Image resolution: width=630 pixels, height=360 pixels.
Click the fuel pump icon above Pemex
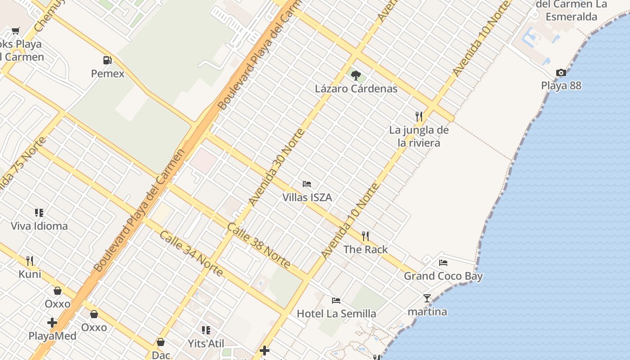click(x=107, y=60)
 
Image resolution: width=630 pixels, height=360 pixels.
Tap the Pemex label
click(x=108, y=73)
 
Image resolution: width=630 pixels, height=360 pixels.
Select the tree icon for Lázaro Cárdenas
click(x=356, y=75)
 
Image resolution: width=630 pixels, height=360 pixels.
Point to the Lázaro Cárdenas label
click(x=356, y=88)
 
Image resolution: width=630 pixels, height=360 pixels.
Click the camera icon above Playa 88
click(x=561, y=72)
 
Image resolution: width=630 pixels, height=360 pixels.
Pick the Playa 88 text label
click(x=561, y=85)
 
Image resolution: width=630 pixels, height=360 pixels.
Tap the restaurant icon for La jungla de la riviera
click(x=419, y=117)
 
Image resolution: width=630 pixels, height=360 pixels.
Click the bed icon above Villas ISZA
click(x=307, y=184)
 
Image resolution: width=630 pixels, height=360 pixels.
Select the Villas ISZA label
click(x=307, y=197)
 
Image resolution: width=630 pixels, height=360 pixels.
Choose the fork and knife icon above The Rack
click(x=365, y=236)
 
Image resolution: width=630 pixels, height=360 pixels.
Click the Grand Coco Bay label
click(x=443, y=276)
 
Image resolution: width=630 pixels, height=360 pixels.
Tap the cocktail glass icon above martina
click(x=427, y=298)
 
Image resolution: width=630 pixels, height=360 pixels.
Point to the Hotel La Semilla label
click(x=336, y=313)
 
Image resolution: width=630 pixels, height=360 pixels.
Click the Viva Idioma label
click(x=39, y=226)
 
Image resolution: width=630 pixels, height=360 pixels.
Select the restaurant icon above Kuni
click(x=30, y=261)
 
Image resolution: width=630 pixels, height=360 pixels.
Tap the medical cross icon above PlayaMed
click(x=52, y=323)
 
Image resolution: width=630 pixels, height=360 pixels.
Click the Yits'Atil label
click(x=206, y=344)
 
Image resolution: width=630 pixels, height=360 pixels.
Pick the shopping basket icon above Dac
click(x=161, y=342)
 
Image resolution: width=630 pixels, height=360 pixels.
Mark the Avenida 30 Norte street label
click(x=276, y=167)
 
